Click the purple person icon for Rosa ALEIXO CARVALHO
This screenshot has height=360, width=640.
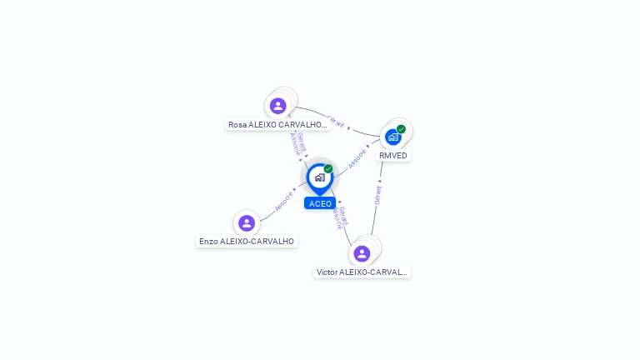click(x=278, y=106)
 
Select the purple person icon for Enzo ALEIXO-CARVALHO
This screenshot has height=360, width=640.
click(x=246, y=223)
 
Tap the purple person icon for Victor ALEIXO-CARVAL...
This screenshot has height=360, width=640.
click(x=362, y=253)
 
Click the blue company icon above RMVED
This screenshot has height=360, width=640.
click(x=392, y=137)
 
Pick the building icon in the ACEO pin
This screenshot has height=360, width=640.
click(x=319, y=177)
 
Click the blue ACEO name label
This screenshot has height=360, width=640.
click(x=320, y=203)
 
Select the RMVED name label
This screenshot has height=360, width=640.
click(x=393, y=156)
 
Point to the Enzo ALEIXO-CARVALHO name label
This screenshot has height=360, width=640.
click(x=247, y=242)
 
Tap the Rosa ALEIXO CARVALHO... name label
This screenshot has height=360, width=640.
click(x=278, y=125)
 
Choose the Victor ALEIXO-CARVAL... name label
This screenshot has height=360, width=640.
click(x=362, y=272)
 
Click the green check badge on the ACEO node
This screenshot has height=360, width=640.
click(x=328, y=169)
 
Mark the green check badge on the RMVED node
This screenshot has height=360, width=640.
click(x=401, y=129)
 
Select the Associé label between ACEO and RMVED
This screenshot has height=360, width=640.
click(x=357, y=158)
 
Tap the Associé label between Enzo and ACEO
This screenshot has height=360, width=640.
click(x=284, y=200)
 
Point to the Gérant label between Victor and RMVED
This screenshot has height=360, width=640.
click(x=377, y=195)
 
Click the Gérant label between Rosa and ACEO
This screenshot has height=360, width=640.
click(x=302, y=142)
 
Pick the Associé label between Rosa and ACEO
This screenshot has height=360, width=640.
click(x=294, y=143)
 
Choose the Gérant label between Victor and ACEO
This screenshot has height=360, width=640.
click(x=344, y=215)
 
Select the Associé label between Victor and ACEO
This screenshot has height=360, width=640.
click(x=337, y=218)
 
